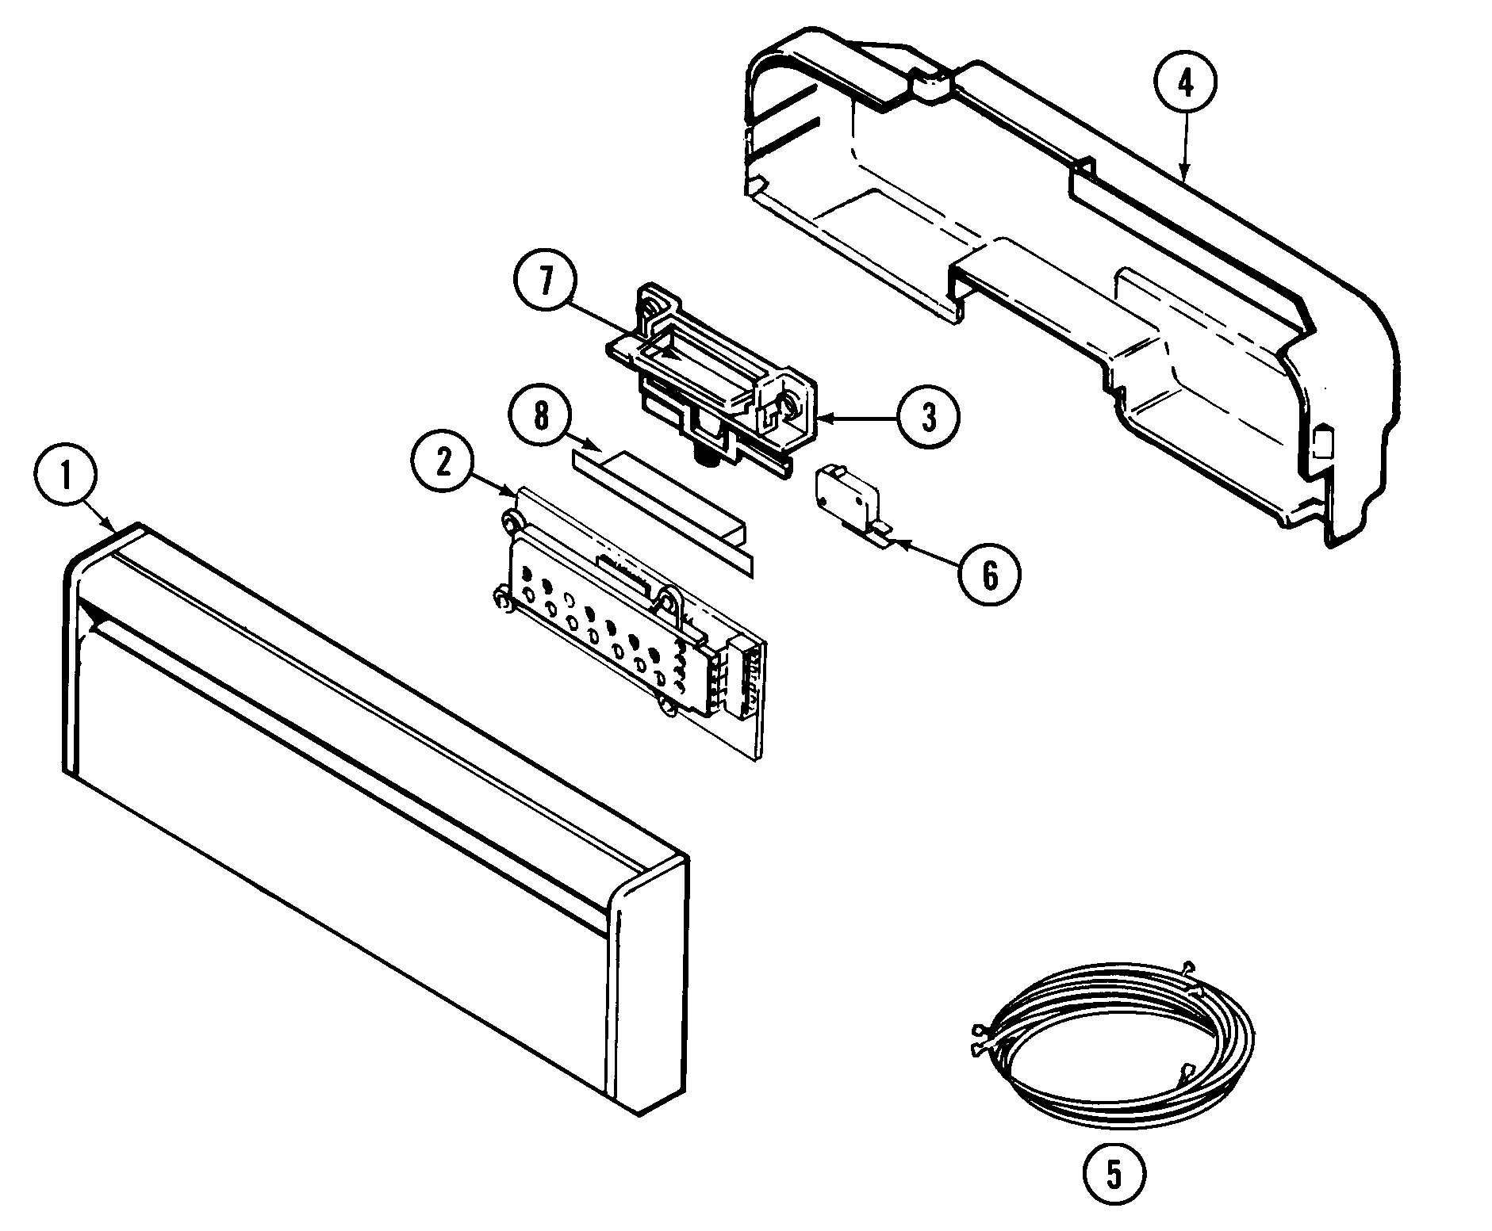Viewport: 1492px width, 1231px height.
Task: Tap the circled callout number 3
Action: [927, 416]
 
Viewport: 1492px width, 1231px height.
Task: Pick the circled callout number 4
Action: [1184, 84]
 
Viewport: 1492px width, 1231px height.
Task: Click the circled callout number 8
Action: [540, 415]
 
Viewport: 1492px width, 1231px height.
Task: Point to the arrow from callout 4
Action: [1184, 151]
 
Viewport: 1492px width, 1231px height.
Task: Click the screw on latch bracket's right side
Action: [788, 407]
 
